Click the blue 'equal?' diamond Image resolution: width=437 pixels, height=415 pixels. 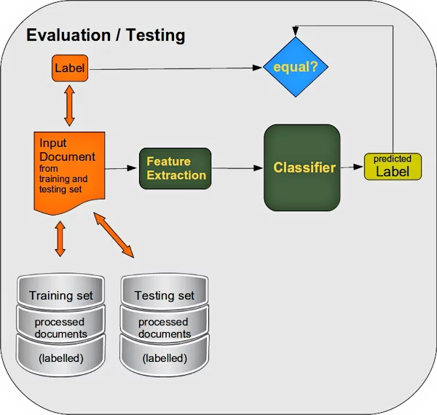point(295,68)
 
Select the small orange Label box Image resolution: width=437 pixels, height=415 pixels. point(69,68)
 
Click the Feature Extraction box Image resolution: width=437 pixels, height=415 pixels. point(175,168)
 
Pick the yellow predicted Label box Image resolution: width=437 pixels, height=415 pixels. point(393,167)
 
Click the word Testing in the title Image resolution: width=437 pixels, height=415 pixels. point(153,35)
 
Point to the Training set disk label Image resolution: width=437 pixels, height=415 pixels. point(61,296)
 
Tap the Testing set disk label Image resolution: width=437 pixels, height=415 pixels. point(165,296)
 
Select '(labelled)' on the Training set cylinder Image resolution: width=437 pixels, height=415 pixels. point(61,358)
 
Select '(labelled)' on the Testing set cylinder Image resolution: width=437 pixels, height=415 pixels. point(165,358)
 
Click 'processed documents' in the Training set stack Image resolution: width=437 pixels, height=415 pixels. point(61,328)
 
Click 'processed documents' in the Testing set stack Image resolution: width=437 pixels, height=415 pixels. point(165,328)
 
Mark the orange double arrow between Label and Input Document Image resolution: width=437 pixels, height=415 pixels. point(69,106)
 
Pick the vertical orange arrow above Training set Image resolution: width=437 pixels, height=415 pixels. point(60,239)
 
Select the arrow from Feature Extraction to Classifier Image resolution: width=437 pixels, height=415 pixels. point(237,168)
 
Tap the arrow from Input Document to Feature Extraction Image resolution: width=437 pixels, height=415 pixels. point(122,168)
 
